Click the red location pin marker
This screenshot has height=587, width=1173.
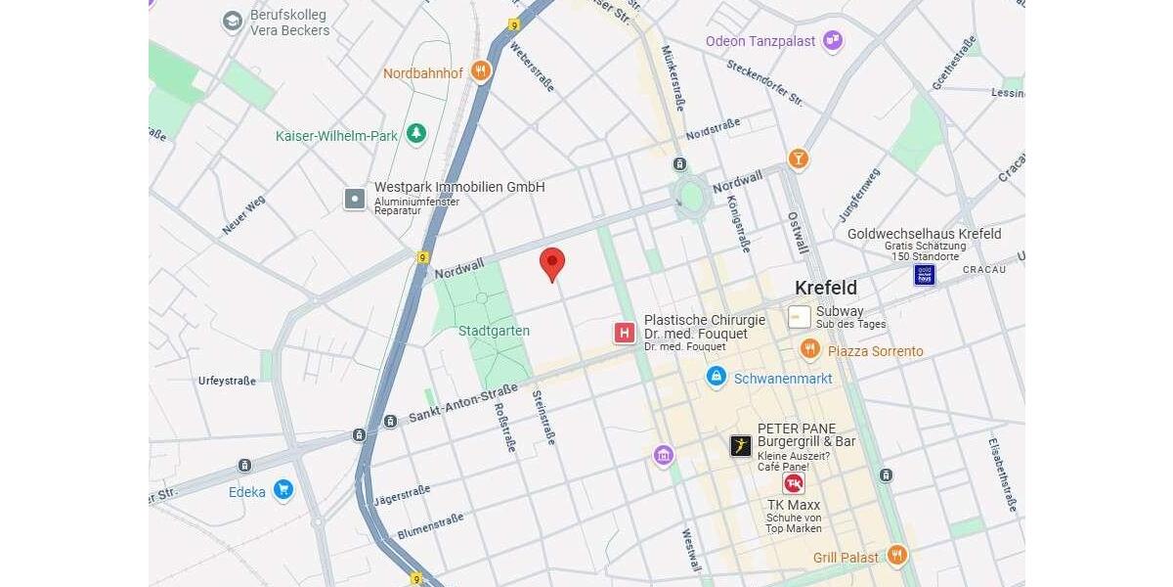point(552,263)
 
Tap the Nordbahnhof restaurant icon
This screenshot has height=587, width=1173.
point(480,71)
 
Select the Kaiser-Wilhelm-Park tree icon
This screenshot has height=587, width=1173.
point(417,134)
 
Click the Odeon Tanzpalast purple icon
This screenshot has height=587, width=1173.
point(833,40)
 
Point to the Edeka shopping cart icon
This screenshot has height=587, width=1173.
point(283,489)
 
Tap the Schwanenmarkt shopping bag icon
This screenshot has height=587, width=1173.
point(717,377)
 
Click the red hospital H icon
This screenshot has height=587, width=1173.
point(625,333)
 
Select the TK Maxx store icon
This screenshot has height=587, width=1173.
point(793,483)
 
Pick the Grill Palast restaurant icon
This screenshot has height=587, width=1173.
point(897,556)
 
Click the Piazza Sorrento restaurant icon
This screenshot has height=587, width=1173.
point(809,349)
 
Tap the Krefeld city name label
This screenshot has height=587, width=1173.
point(825,288)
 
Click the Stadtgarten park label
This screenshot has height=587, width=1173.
point(494,331)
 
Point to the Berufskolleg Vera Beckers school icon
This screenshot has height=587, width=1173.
point(233,22)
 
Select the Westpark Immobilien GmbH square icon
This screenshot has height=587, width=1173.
point(355,199)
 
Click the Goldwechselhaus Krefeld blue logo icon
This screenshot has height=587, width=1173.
point(925,274)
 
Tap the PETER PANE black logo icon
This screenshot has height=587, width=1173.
point(741,446)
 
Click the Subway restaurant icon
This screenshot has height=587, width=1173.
point(800,317)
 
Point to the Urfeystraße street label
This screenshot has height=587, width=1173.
point(227,381)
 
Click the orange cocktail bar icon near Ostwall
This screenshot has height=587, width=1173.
point(799,158)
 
